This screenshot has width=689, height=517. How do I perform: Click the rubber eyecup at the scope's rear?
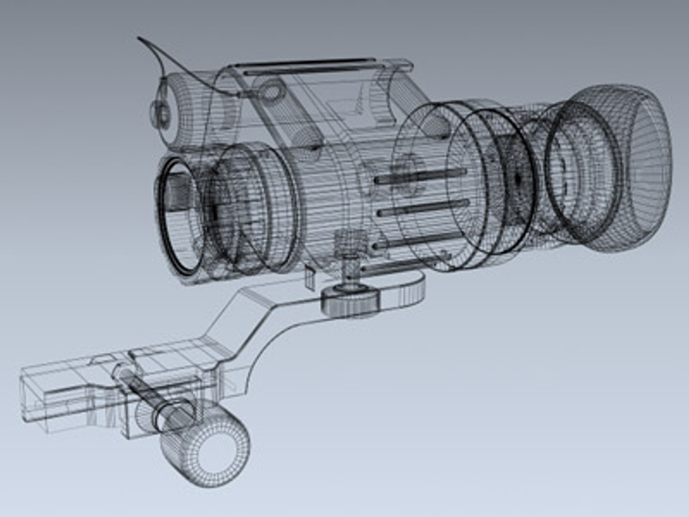coord(622,168)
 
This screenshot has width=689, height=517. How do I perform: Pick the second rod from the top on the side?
coord(423,208)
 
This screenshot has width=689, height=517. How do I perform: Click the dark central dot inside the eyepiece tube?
coord(518,178)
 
